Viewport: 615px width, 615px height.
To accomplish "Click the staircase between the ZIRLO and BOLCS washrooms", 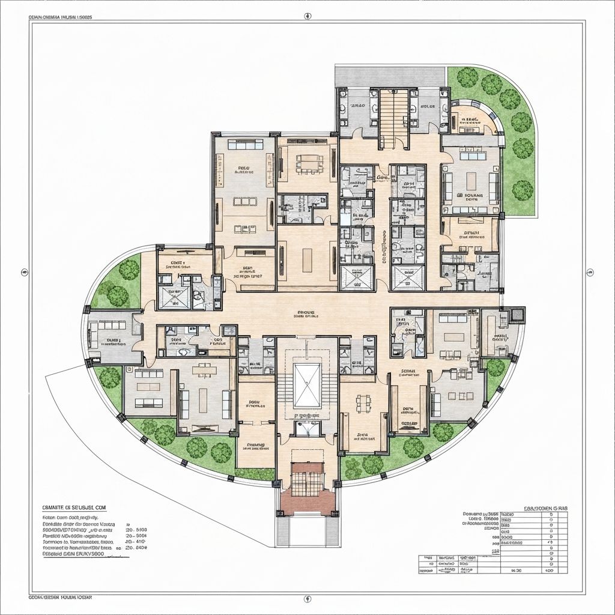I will coord(394,119).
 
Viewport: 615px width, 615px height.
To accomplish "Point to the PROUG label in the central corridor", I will coord(306,313).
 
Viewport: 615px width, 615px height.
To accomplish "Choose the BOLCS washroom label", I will coord(428,106).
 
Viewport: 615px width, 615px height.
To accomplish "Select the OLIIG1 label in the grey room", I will coord(114,341).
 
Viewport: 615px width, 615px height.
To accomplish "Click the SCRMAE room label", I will coord(409,371).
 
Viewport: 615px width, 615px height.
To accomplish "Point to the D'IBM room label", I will coord(472,233).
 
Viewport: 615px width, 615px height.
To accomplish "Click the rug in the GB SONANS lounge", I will coord(471,179).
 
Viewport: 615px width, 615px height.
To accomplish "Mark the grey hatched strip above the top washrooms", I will coord(390,76).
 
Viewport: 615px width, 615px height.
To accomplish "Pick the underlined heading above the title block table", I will coord(546,508).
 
